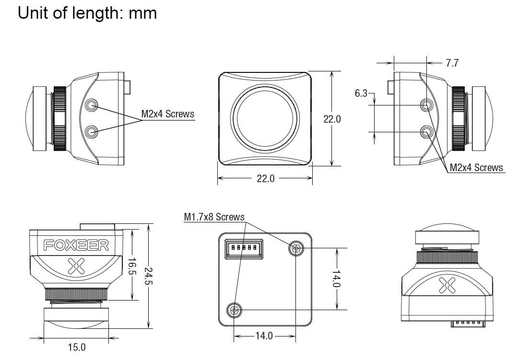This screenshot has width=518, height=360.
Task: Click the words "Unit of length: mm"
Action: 87,13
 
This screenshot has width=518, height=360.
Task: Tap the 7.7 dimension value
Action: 452,63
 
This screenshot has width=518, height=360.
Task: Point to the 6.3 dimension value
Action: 361,93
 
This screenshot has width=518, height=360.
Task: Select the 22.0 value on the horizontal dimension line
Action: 265,178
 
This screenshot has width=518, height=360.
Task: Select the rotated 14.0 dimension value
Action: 337,279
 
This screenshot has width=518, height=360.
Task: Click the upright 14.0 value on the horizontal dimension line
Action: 264,336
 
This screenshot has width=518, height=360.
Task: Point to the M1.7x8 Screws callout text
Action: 214,217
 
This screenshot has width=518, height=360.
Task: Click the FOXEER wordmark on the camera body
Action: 77,245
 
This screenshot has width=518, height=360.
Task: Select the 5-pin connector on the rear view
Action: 244,249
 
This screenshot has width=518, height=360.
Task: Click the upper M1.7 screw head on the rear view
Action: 296,248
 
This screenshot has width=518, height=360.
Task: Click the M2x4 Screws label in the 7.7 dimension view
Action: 476,167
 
